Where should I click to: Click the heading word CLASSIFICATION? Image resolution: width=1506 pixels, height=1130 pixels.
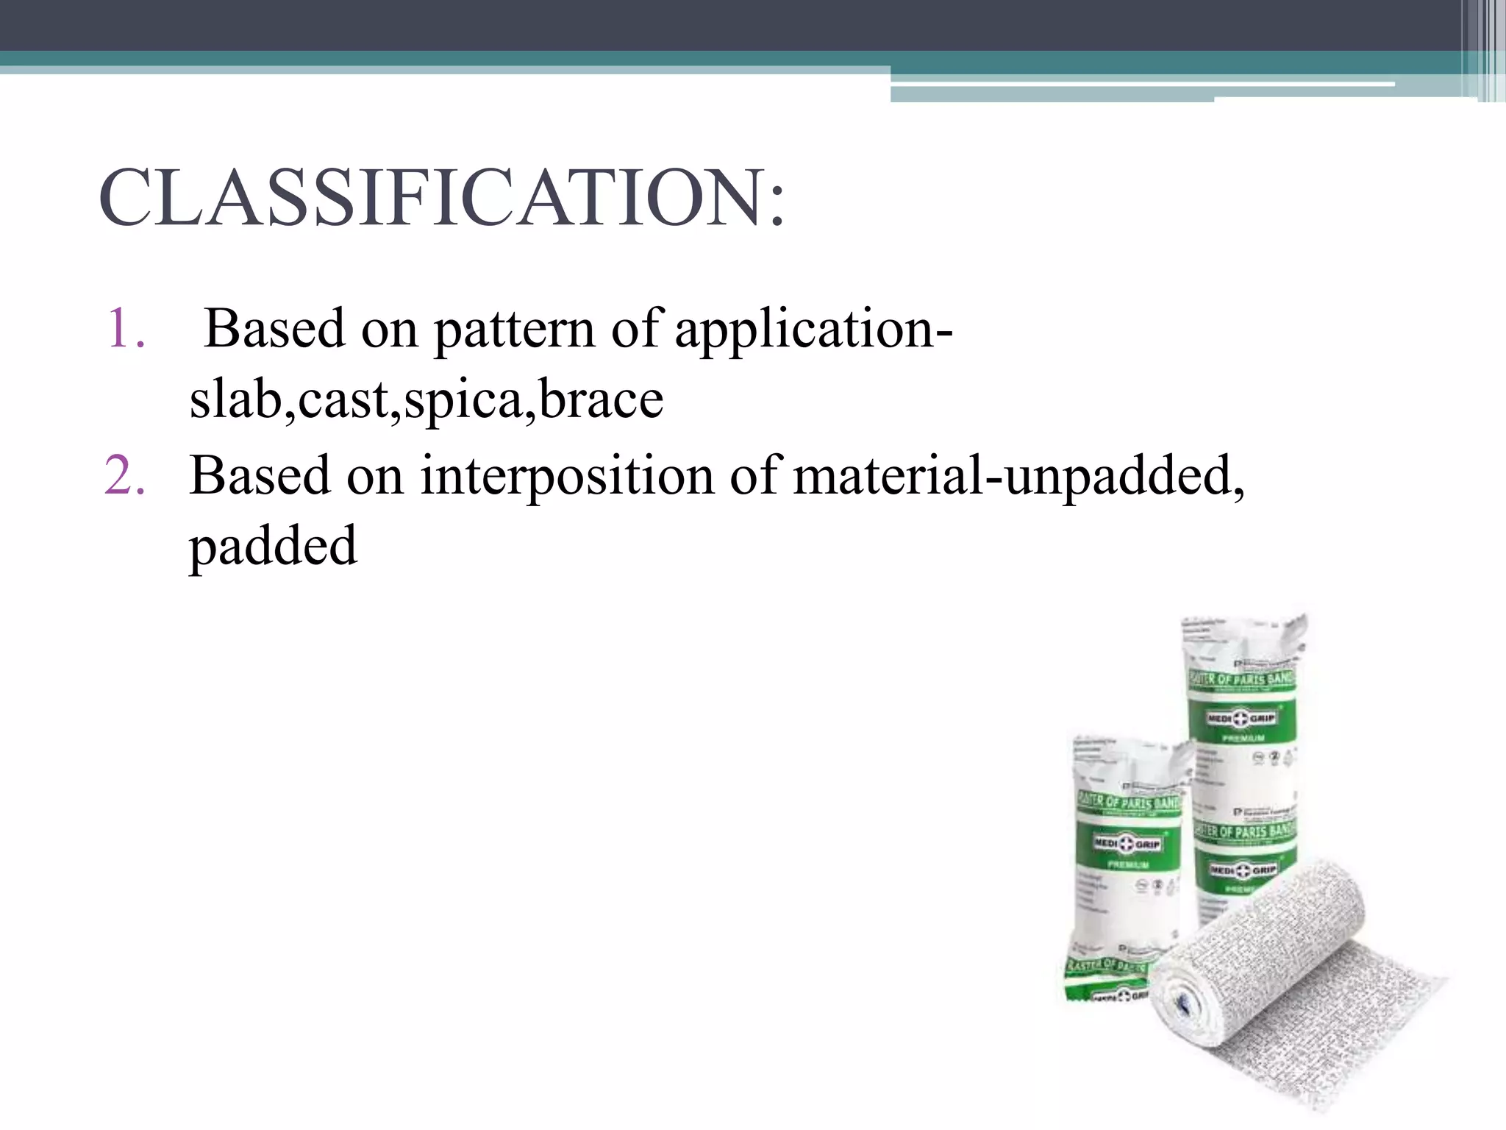click(x=434, y=198)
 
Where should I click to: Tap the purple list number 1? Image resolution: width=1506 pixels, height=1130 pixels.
click(x=124, y=328)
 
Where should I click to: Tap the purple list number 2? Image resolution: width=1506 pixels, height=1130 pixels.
click(x=124, y=475)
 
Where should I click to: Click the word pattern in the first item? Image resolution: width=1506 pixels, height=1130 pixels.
click(x=514, y=330)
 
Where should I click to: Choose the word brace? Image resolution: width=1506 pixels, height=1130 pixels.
click(x=601, y=400)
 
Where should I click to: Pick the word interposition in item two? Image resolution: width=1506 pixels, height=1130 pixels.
click(x=566, y=477)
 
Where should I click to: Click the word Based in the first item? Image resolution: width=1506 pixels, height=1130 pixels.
click(x=274, y=328)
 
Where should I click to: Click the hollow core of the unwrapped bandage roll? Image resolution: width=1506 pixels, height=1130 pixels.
click(x=1186, y=1003)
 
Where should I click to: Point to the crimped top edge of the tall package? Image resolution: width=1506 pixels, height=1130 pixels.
click(x=1243, y=625)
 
